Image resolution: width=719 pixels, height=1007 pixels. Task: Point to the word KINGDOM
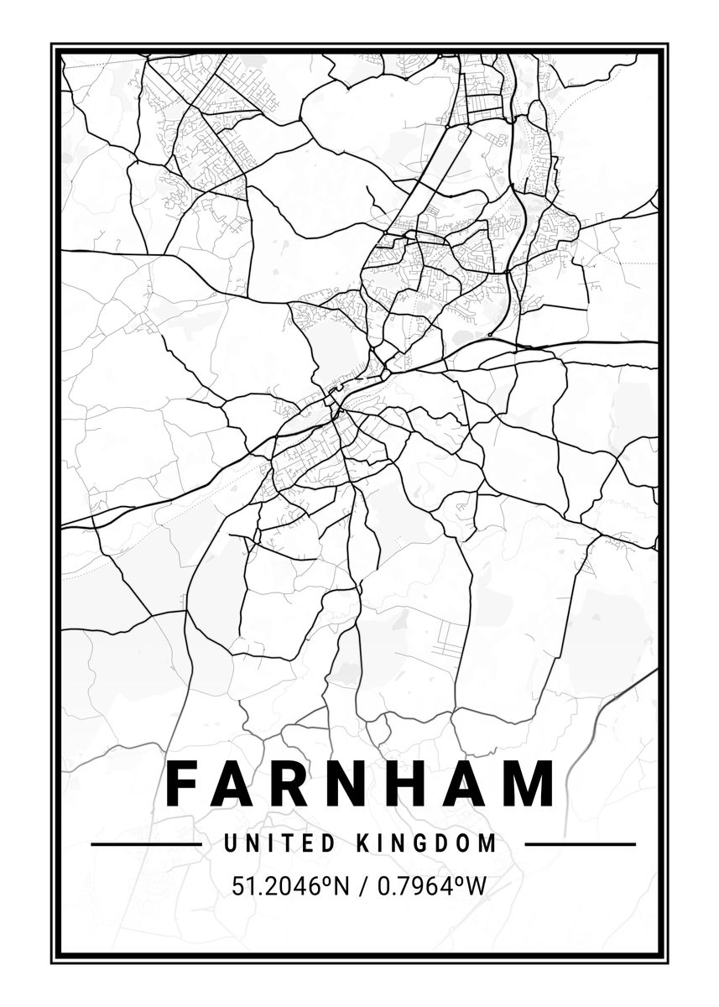point(427,843)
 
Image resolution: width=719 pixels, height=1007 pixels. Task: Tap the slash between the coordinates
point(362,885)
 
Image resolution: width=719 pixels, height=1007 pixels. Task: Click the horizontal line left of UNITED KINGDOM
point(146,844)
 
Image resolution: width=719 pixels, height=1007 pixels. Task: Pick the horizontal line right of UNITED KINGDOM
point(580,844)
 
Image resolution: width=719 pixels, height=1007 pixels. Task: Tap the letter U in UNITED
point(230,843)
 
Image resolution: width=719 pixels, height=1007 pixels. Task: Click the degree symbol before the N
point(320,879)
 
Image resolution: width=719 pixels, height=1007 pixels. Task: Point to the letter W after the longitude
point(477,885)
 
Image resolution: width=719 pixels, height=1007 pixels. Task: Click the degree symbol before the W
point(461,879)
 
